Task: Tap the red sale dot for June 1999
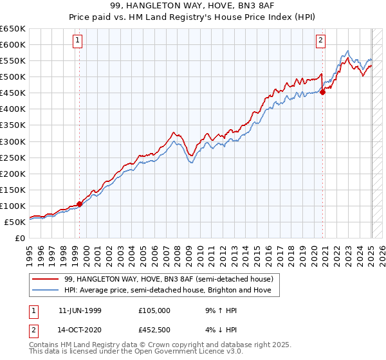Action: tap(80, 204)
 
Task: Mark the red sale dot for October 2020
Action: tap(323, 92)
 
